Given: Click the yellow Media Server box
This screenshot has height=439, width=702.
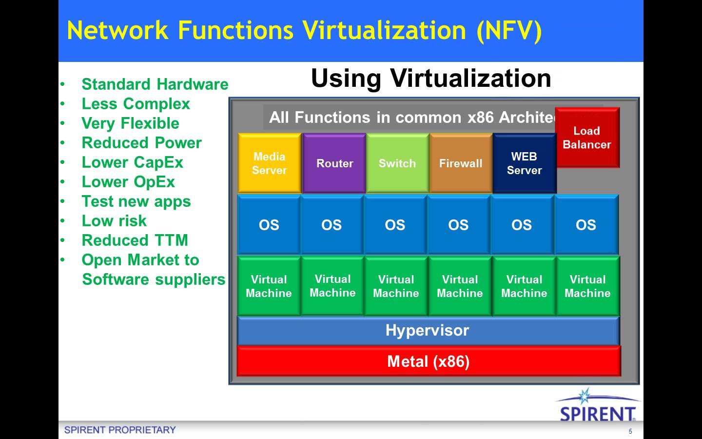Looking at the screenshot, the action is [270, 163].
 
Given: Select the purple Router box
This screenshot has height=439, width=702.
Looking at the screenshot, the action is [334, 163].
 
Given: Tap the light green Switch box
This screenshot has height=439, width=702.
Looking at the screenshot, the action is [398, 163].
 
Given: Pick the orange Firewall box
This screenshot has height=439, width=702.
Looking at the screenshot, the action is [461, 163].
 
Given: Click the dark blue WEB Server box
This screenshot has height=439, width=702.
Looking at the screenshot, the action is [525, 163].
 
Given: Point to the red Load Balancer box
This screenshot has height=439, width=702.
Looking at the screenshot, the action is [587, 138].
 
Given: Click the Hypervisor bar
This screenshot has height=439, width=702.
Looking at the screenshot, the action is [429, 331].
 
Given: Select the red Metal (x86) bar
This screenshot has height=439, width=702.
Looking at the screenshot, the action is [429, 361].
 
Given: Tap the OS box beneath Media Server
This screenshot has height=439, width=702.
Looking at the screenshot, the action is [269, 224].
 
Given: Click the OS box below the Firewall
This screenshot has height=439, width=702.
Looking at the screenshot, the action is [458, 224].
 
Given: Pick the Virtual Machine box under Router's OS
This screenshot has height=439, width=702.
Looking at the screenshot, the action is [332, 286].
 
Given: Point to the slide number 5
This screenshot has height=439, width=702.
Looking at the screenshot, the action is [630, 431].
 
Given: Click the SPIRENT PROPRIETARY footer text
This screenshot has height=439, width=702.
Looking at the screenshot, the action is [120, 430].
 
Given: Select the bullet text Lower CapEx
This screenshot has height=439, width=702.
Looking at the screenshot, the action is [132, 162].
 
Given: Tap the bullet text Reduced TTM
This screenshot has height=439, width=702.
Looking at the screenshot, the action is [135, 240].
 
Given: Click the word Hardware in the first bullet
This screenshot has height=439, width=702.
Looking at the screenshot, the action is [193, 84].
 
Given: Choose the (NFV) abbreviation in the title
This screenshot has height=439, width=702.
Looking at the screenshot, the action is [509, 31].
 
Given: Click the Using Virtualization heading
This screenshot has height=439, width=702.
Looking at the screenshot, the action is [431, 79].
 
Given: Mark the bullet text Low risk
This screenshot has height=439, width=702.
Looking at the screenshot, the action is [114, 221].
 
